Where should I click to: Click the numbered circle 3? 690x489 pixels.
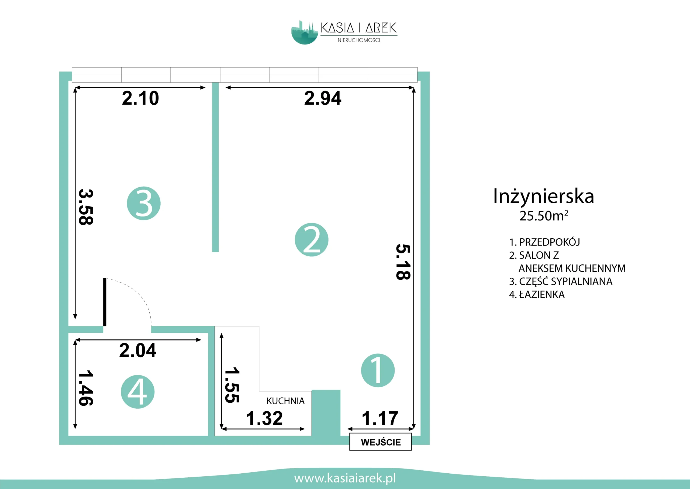tap(144, 203)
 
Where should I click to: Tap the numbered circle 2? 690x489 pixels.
tap(311, 240)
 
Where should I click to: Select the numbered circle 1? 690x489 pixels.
tap(378, 370)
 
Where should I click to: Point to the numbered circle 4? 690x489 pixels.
tap(137, 392)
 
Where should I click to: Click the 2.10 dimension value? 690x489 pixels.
tap(140, 98)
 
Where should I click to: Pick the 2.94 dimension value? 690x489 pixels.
tap(323, 98)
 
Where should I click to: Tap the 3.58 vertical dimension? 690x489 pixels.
tap(86, 207)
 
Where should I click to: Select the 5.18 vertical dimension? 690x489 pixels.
tap(403, 262)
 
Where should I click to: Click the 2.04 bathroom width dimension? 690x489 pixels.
tap(137, 350)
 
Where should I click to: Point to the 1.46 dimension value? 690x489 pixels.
tap(86, 388)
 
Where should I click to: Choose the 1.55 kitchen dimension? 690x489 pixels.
tap(232, 385)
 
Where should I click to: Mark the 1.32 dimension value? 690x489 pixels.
tap(264, 418)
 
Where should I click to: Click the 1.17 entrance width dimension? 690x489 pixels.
tap(380, 418)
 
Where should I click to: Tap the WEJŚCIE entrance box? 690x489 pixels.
tap(381, 442)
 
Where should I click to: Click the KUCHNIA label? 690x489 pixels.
tap(285, 401)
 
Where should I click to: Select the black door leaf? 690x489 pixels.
tap(105, 302)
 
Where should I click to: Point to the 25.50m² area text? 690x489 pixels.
tap(544, 216)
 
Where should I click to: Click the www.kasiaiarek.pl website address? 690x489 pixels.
tap(345, 478)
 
